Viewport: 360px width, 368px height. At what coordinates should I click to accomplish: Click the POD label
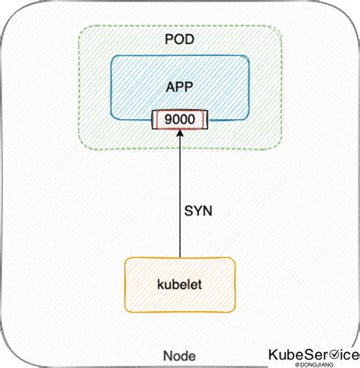pyautogui.click(x=180, y=39)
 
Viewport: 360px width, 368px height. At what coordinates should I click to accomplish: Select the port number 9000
pyautogui.click(x=180, y=118)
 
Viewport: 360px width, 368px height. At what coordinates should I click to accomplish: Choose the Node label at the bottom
pyautogui.click(x=179, y=356)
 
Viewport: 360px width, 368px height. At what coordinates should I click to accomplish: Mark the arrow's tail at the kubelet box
pyautogui.click(x=180, y=257)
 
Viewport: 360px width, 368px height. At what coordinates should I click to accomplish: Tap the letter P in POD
pyautogui.click(x=169, y=39)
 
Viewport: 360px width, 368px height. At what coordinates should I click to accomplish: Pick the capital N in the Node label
pyautogui.click(x=169, y=356)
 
